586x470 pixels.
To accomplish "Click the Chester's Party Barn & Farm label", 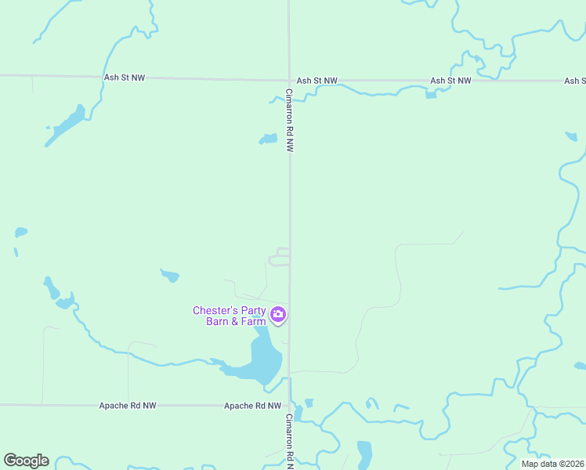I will pos(230,315).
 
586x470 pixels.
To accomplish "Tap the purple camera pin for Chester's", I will pos(278,315).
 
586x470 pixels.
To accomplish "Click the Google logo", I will pos(26,461).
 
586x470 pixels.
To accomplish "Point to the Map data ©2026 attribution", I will pos(552,464).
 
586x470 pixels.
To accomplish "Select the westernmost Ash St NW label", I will pos(124,78).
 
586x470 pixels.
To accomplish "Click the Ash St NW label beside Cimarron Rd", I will pos(317,81).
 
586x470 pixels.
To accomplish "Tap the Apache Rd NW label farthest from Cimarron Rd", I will pos(128,406).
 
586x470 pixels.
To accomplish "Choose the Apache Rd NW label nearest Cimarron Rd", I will pos(252,406).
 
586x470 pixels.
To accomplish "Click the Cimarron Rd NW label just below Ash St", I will pos(289,119).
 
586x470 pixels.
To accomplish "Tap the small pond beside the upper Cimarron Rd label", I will pos(269,139).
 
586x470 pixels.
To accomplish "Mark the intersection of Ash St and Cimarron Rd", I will pos(289,80).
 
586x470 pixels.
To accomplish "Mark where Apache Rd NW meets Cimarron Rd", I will pos(290,406).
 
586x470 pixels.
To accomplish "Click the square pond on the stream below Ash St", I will pos(430,95).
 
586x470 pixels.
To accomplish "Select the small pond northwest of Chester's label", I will pos(170,275).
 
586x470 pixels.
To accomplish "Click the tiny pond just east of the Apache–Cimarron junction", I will pos(309,403).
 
